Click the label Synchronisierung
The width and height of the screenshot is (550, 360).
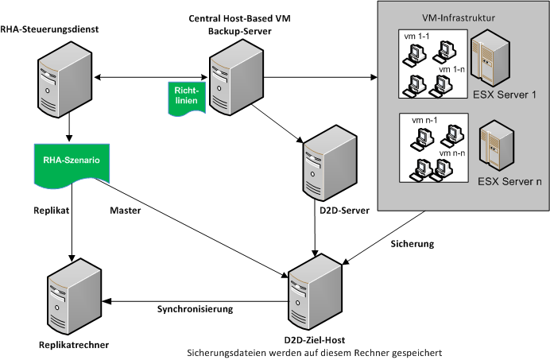195,308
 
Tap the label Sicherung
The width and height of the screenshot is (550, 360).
412,244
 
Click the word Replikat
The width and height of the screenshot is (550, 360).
55,211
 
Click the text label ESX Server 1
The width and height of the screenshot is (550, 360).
505,95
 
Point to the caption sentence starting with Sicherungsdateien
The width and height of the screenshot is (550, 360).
313,351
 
